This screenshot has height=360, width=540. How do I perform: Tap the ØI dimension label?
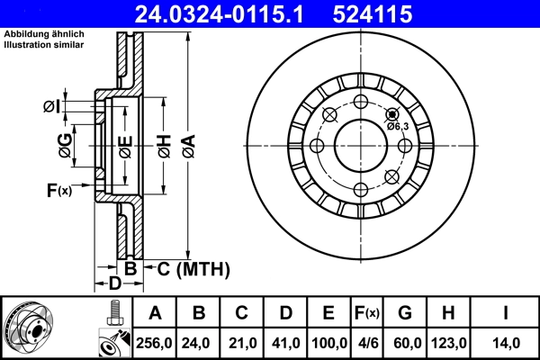pyautogui.click(x=51, y=107)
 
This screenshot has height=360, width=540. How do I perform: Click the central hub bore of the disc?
pyautogui.click(x=359, y=145)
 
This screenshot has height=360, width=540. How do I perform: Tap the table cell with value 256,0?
pyautogui.click(x=154, y=343)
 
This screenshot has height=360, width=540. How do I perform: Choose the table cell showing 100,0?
pyautogui.click(x=328, y=343)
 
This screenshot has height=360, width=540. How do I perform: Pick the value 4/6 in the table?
pyautogui.click(x=368, y=343)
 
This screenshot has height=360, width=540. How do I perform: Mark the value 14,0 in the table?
pyautogui.click(x=505, y=343)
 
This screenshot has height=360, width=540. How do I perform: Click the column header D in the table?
pyautogui.click(x=285, y=313)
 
